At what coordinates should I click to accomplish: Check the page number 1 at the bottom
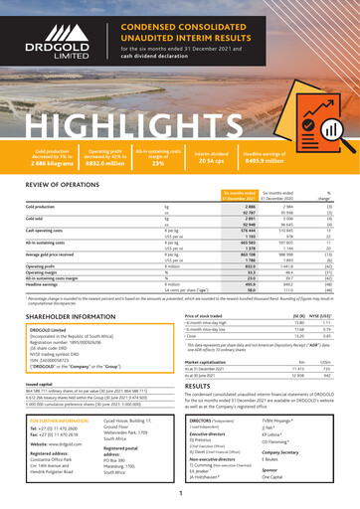[180, 493]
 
